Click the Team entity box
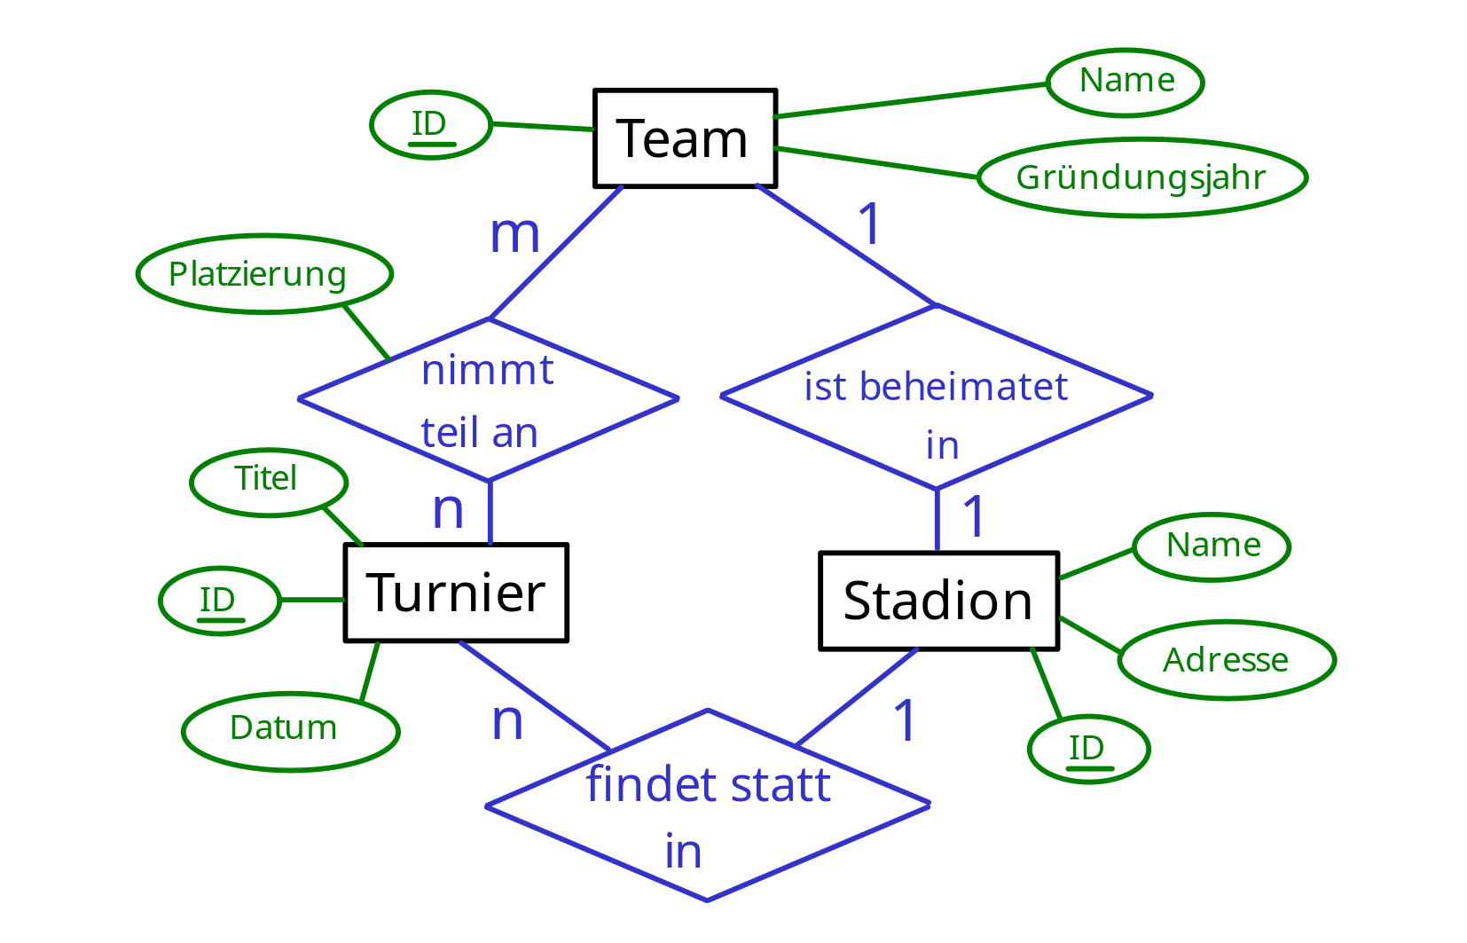point(685,138)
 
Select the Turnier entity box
point(456,593)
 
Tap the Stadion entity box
point(938,601)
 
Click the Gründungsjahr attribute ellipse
point(1141,177)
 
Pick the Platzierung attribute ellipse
point(264,274)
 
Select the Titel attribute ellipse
point(268,482)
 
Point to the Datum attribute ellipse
point(290,731)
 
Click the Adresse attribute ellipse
point(1227,660)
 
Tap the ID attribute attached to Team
point(430,125)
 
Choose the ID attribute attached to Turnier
point(219,601)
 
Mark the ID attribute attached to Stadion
point(1088,749)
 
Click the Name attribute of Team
point(1125,83)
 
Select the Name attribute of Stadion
point(1211,546)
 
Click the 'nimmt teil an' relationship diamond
point(489,399)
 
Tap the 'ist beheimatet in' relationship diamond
point(936,397)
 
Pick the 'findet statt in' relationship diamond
point(708,805)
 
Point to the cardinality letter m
point(514,234)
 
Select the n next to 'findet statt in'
point(507,720)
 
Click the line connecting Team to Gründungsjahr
point(876,163)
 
